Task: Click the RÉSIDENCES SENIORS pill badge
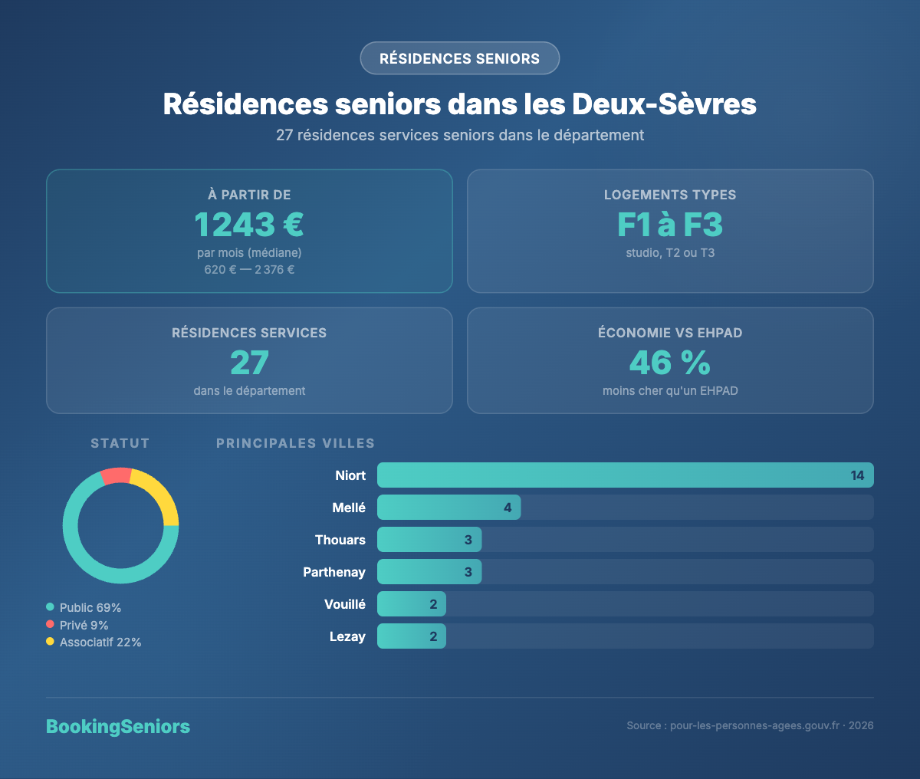click(x=459, y=58)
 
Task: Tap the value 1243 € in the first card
click(x=249, y=225)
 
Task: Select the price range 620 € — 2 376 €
click(x=249, y=270)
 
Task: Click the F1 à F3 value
click(x=670, y=225)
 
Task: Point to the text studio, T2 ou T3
click(x=670, y=253)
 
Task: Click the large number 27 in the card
click(x=249, y=363)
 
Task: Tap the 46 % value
click(x=670, y=363)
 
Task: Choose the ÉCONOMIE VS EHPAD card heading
click(x=670, y=333)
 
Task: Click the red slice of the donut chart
click(x=116, y=475)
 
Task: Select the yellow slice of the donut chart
click(x=159, y=495)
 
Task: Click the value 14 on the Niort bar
click(x=857, y=475)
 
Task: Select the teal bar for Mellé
click(x=449, y=508)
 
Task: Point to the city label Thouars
click(x=340, y=540)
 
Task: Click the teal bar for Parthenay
click(x=429, y=572)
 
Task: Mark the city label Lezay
click(x=347, y=636)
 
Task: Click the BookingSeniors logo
click(x=118, y=727)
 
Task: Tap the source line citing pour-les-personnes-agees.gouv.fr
click(x=750, y=725)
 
